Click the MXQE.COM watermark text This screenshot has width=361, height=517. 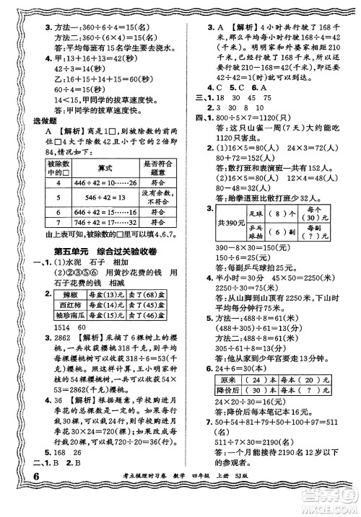click(329, 505)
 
